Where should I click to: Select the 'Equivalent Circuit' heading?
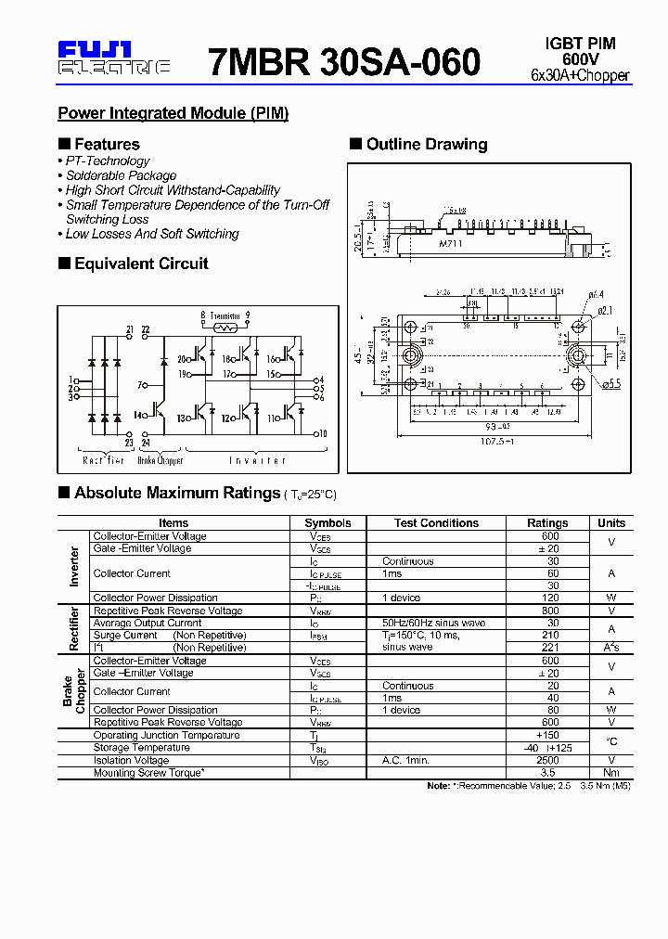[141, 264]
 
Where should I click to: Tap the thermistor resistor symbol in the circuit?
[224, 327]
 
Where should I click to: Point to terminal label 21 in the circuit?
[130, 329]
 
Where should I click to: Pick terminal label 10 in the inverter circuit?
[322, 433]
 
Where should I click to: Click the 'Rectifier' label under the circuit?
[103, 460]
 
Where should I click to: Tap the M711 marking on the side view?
[451, 243]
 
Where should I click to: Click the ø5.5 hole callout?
[599, 384]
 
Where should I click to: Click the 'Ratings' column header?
[547, 523]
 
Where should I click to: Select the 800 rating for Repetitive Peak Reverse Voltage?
[550, 611]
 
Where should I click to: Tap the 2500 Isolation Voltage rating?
[548, 760]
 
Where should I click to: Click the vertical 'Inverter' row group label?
[75, 566]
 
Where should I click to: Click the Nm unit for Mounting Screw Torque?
[611, 772]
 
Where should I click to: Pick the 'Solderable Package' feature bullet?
[121, 175]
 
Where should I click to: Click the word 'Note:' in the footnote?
[439, 786]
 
